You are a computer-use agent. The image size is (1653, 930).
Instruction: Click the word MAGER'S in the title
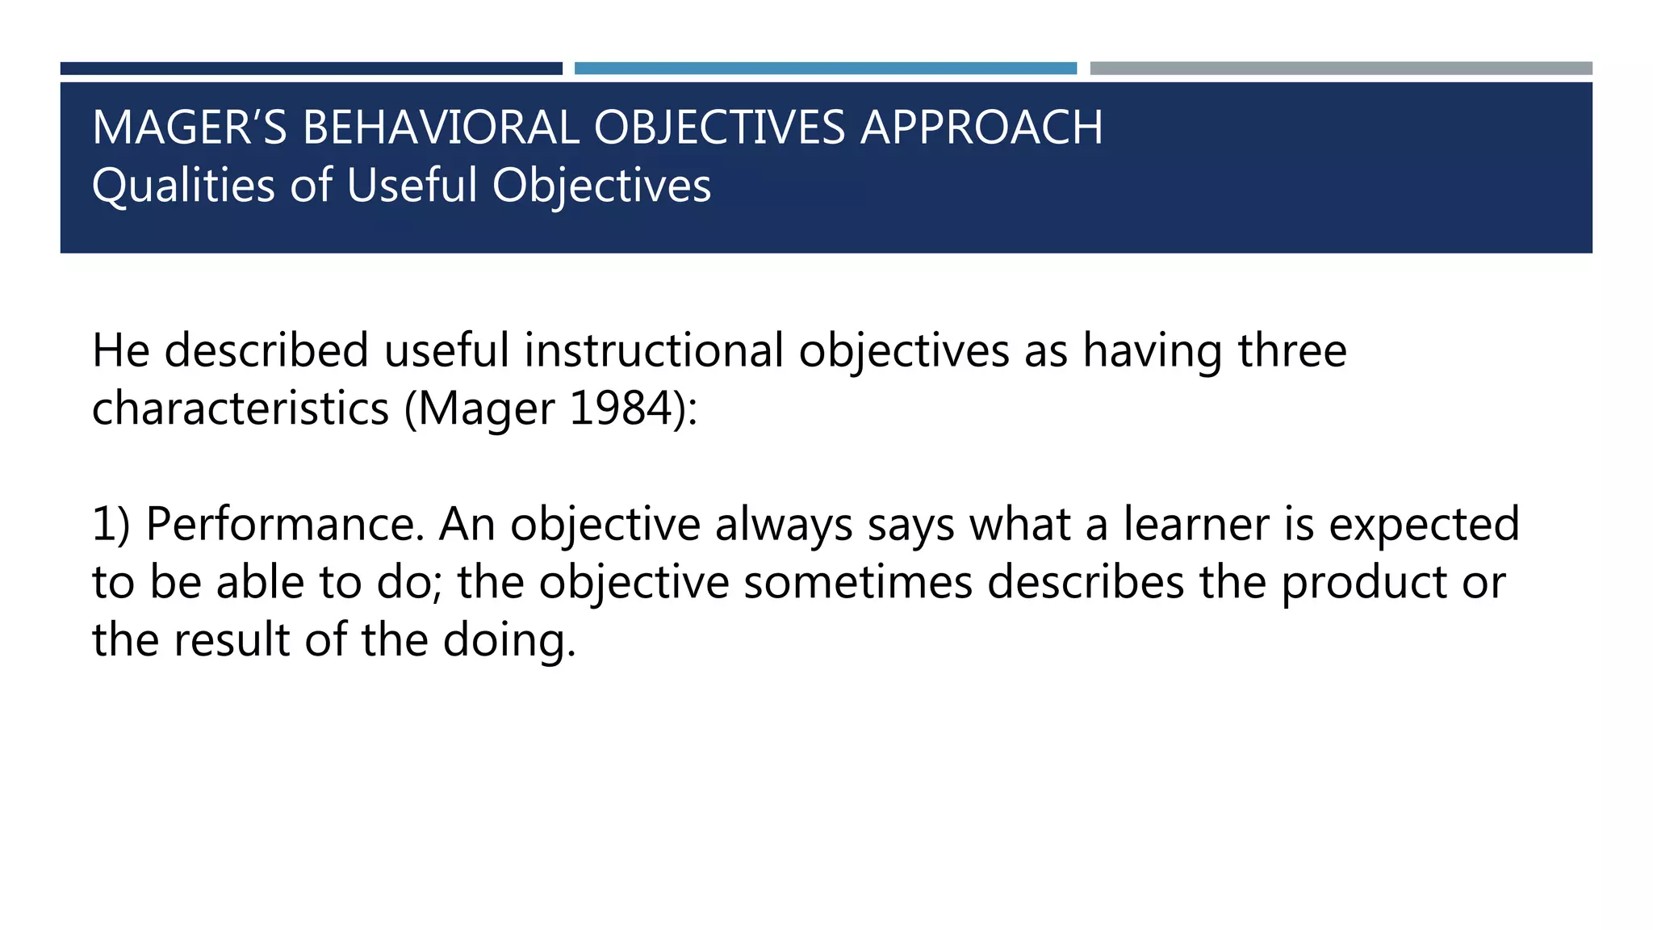pos(189,128)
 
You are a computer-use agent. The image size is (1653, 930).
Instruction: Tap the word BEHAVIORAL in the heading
pos(440,128)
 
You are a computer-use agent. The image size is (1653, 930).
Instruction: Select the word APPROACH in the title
pos(981,128)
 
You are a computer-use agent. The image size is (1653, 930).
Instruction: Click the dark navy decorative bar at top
pos(311,69)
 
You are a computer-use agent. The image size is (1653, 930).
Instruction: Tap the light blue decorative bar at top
pos(825,69)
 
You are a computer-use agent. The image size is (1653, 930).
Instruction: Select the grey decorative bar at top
pos(1341,69)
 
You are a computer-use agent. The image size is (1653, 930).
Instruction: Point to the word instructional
pos(653,351)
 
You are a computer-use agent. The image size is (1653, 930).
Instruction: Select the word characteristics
pos(241,408)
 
